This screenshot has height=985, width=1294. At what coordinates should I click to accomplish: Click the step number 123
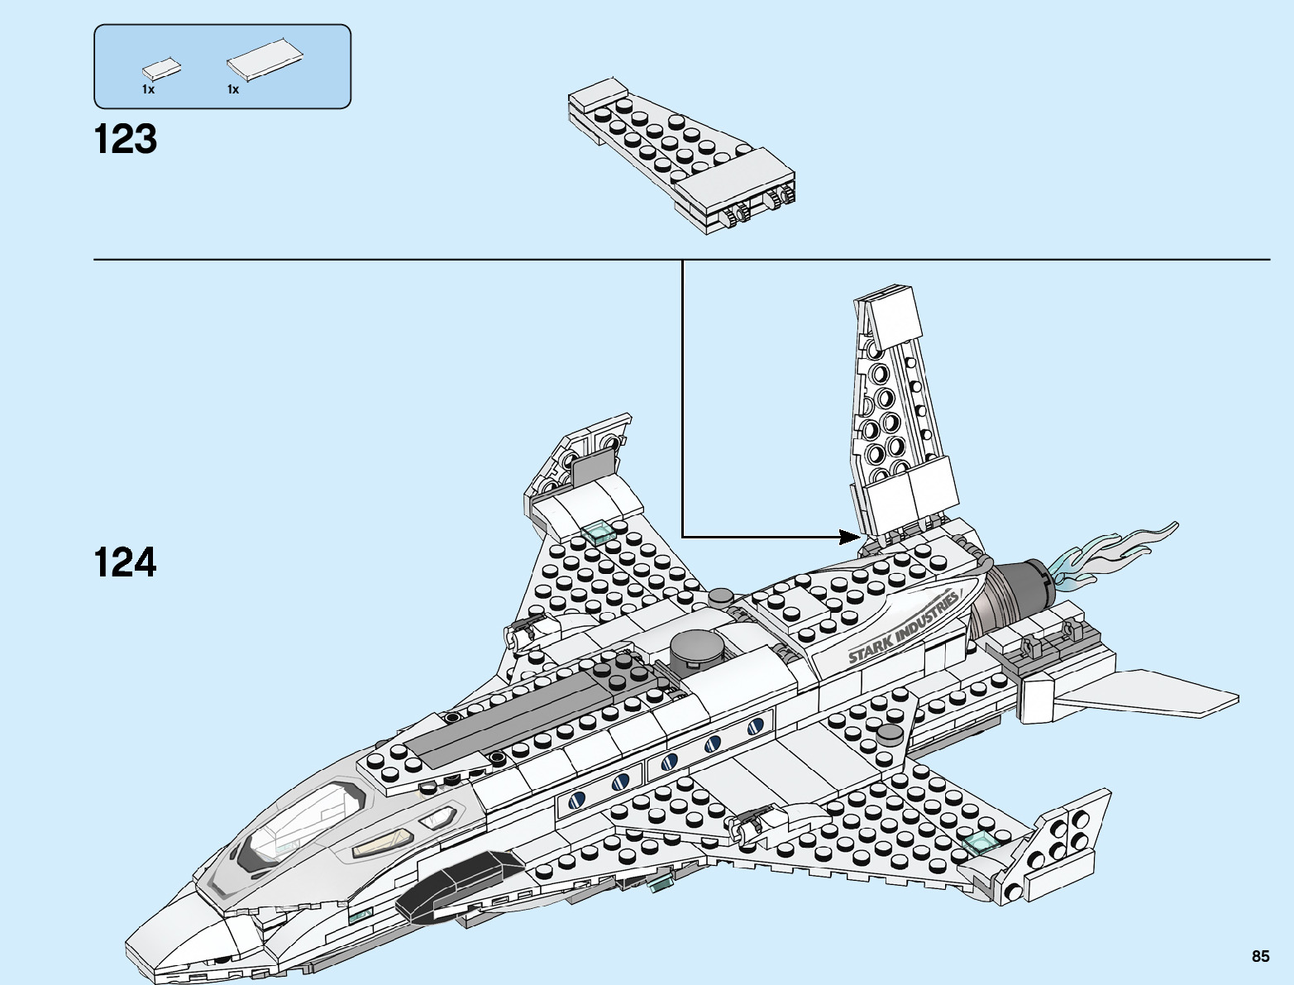[125, 139]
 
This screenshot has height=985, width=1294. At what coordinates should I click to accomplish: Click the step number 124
[125, 562]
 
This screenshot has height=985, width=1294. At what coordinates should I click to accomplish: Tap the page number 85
[1259, 956]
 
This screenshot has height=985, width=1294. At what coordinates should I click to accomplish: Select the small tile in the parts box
[162, 69]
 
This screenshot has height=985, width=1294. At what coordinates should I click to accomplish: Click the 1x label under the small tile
[148, 89]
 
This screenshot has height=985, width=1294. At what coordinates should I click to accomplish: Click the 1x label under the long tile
[233, 89]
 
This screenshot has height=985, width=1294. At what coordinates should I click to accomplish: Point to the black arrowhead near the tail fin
[850, 537]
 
